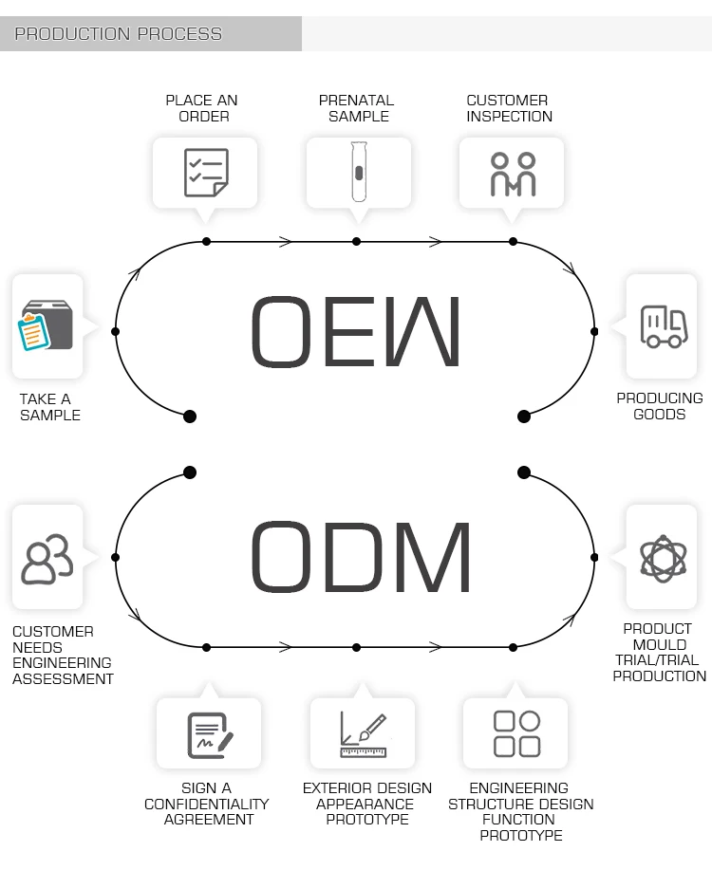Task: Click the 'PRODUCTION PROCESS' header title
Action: [x=119, y=34]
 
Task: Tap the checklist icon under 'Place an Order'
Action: [x=206, y=173]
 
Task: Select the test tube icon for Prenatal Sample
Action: [x=359, y=172]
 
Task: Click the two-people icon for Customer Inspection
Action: [x=513, y=174]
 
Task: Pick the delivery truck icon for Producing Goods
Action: [x=664, y=326]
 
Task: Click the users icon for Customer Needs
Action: [x=47, y=560]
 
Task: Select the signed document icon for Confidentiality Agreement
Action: [x=210, y=733]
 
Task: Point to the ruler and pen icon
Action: [x=363, y=733]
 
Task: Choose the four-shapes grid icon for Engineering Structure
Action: [x=516, y=732]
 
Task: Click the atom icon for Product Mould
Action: [x=663, y=558]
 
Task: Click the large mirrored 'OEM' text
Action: [x=355, y=331]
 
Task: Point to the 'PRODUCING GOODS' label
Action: [x=660, y=406]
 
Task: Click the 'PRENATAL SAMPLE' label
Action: [x=356, y=108]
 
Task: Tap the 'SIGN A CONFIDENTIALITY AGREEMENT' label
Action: [x=207, y=804]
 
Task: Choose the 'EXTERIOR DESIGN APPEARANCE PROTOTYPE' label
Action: [x=367, y=804]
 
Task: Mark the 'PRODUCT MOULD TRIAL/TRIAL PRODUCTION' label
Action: [x=660, y=652]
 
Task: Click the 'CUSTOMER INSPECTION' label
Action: [x=509, y=108]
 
